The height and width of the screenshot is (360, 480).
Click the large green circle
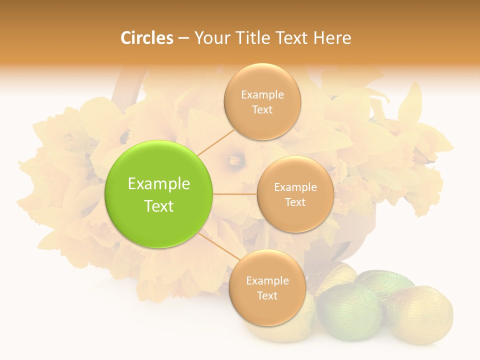pyautogui.click(x=158, y=194)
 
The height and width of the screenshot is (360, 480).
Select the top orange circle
pyautogui.click(x=262, y=101)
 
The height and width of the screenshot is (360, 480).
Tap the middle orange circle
pyautogui.click(x=295, y=194)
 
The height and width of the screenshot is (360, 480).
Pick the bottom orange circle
pyautogui.click(x=267, y=287)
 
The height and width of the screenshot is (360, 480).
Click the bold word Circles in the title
pyautogui.click(x=146, y=38)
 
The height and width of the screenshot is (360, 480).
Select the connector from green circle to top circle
pyautogui.click(x=216, y=141)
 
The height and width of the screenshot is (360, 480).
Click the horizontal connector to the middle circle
pyautogui.click(x=234, y=194)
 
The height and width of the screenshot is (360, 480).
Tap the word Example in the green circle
pyautogui.click(x=159, y=184)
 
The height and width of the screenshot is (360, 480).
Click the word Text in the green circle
pyautogui.click(x=159, y=205)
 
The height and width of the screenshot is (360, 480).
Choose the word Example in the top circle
pyautogui.click(x=262, y=94)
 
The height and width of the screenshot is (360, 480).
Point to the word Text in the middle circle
pyautogui.click(x=295, y=202)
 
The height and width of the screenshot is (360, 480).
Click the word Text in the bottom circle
pyautogui.click(x=267, y=295)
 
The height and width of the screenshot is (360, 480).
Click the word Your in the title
pyautogui.click(x=210, y=38)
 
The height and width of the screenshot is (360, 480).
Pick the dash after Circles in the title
pyautogui.click(x=183, y=38)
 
